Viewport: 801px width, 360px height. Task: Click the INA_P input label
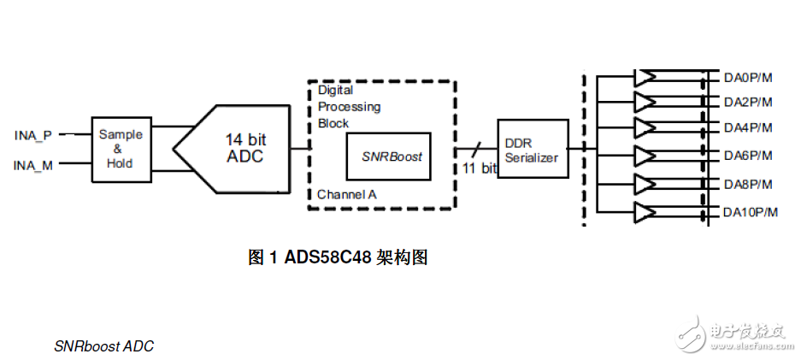[33, 135]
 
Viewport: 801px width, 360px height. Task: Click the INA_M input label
[33, 165]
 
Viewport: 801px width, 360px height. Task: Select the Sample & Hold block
[121, 149]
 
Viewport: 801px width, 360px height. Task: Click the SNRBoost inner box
[392, 156]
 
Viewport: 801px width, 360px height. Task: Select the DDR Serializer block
[531, 150]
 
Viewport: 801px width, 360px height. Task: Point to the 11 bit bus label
[479, 168]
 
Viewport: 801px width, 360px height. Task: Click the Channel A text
[346, 194]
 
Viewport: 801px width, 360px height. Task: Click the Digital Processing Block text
[348, 106]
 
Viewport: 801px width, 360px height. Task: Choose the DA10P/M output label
[751, 212]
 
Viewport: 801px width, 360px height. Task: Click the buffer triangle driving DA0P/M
[644, 78]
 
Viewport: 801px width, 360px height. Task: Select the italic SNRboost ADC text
[103, 346]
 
